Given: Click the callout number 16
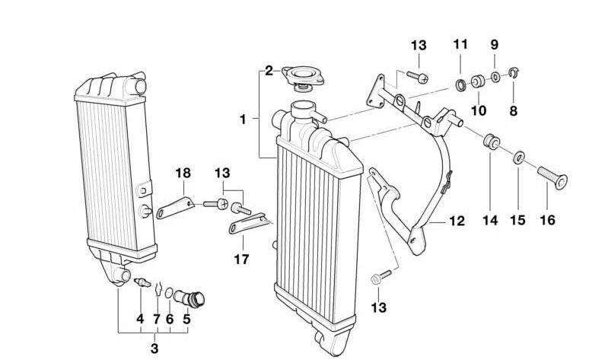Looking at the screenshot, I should click(x=546, y=221).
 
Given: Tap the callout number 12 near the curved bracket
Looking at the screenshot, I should click(x=456, y=221).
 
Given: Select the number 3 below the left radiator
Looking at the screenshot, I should click(x=154, y=349).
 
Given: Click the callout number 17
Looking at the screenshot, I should click(x=241, y=259).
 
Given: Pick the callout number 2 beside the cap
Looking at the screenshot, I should click(x=269, y=71).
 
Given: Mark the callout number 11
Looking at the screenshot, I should click(x=460, y=44).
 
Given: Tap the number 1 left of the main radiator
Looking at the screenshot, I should click(x=243, y=119).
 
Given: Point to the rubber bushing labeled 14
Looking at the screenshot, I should click(x=491, y=142).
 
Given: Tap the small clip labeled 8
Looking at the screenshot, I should click(x=513, y=75).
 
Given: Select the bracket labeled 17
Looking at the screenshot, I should click(x=248, y=224).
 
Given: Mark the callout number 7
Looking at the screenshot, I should click(x=157, y=320).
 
